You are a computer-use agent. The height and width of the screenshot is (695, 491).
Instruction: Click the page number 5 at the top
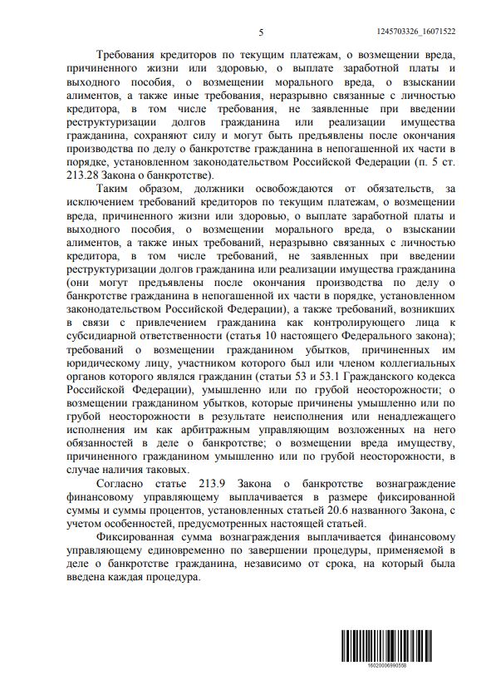(x=261, y=32)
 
